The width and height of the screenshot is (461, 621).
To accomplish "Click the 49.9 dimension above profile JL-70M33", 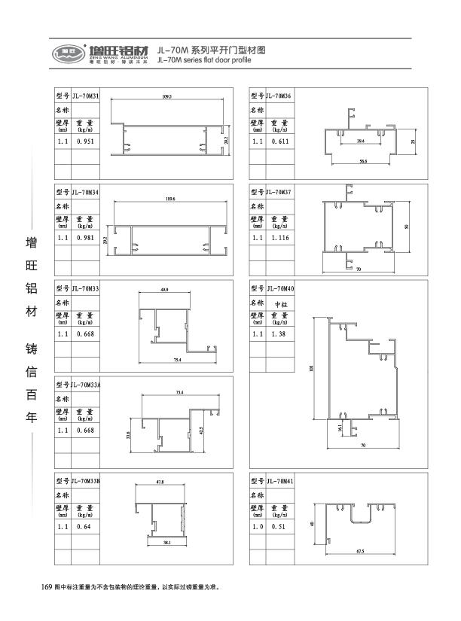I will coord(165,290).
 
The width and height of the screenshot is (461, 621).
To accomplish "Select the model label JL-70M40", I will coord(280,288).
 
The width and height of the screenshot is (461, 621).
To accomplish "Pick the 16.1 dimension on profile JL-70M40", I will coord(340,427).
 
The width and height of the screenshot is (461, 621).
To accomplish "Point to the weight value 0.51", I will coord(277,527).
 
